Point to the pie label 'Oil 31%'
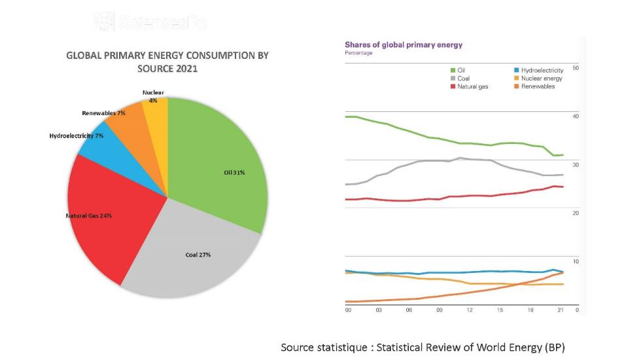(234, 173)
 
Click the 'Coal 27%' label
(198, 255)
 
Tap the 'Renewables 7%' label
(103, 113)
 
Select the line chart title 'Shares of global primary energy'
(404, 45)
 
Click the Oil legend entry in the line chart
(462, 70)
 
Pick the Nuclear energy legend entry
(542, 79)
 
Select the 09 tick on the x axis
(440, 310)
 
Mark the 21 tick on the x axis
(560, 310)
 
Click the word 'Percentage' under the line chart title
(358, 53)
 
